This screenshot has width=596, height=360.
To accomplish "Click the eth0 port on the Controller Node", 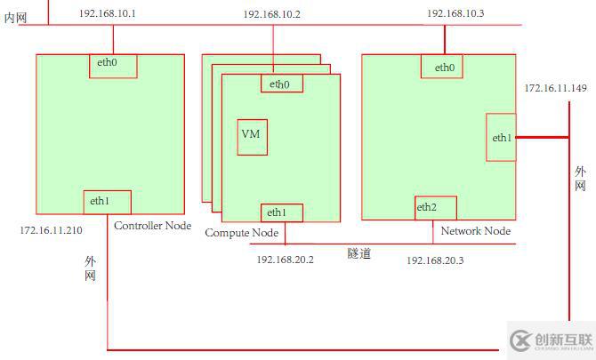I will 114,65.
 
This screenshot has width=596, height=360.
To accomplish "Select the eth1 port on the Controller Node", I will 108,203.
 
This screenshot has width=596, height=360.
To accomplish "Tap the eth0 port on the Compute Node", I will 281,84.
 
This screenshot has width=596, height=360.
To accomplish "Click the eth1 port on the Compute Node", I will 281,212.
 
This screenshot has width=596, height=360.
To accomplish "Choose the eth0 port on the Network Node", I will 445,67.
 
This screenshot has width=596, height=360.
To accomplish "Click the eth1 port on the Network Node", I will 501,137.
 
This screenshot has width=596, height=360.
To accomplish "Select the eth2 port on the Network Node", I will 435,208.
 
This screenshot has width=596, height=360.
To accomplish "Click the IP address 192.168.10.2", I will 271,15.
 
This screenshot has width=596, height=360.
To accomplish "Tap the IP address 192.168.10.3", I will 456,13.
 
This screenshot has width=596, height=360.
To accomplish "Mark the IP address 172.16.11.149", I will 555,88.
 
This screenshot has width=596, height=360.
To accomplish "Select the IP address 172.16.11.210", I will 51,230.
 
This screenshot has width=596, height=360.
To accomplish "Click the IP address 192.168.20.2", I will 286,260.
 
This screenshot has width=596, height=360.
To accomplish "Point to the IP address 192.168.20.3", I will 435,260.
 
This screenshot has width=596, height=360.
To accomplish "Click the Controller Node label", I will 152,226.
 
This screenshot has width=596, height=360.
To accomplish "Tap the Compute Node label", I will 242,233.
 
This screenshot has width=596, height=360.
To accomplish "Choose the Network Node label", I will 476,231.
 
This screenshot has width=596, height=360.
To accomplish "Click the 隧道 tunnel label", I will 358,253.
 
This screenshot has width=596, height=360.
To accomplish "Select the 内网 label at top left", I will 16,17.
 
